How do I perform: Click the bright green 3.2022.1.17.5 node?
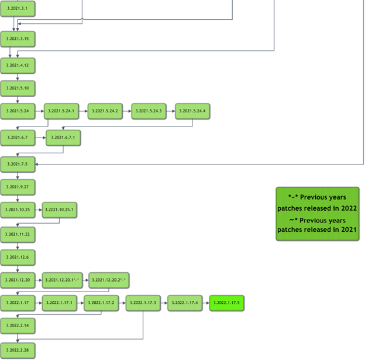point(227,303)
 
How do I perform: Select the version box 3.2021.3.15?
point(18,39)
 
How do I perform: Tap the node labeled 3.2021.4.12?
point(18,65)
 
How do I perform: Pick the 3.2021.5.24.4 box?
point(192,111)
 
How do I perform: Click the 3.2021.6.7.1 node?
point(63,138)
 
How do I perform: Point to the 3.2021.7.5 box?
point(18,164)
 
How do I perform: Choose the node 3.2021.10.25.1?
point(60,210)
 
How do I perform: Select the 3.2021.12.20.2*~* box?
point(108,280)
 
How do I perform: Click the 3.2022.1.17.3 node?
point(143,303)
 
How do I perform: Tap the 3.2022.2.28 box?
point(18,350)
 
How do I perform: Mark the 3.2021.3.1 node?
point(18,9)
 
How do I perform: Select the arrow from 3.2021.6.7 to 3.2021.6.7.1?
point(40,138)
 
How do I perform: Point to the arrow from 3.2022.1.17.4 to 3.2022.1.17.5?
point(206,303)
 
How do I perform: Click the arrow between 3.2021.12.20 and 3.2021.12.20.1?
point(39,280)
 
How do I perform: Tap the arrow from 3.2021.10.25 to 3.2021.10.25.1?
point(39,210)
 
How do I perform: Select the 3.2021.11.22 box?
point(18,234)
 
